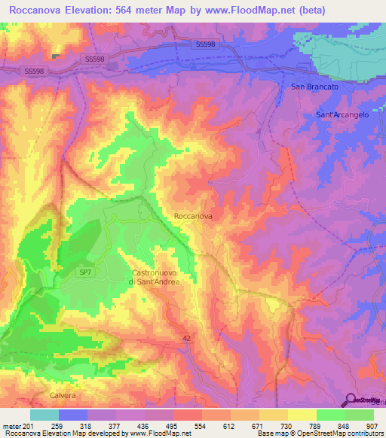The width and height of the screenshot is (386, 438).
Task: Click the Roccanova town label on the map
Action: click(193, 216)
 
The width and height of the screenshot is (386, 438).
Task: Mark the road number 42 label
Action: click(185, 339)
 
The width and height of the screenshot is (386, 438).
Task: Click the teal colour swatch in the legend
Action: click(44, 415)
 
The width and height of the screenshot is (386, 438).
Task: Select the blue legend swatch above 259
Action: click(73, 415)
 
